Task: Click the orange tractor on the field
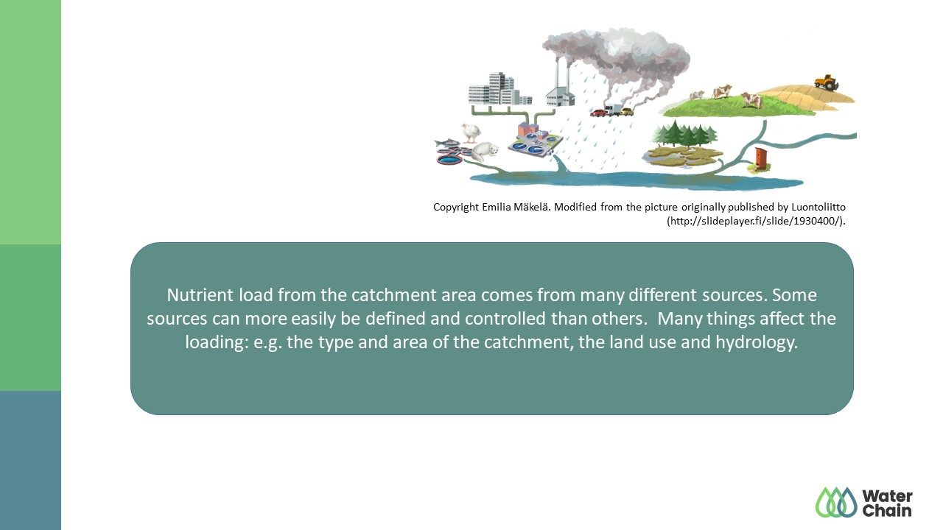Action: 827,82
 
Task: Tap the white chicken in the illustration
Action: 471,132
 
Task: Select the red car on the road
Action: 597,113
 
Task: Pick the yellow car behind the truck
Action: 627,111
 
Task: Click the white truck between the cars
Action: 612,110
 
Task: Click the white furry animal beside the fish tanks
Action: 485,152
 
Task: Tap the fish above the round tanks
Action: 446,143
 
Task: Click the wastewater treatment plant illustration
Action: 535,140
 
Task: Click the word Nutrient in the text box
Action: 200,295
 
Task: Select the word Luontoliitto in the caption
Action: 818,207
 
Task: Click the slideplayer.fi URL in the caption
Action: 756,221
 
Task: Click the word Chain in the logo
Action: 887,511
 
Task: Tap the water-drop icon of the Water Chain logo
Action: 836,502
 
